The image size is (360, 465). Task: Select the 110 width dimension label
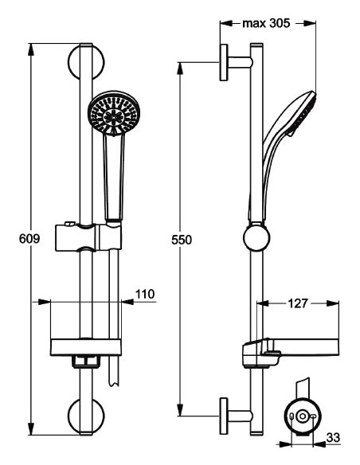click(x=144, y=295)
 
